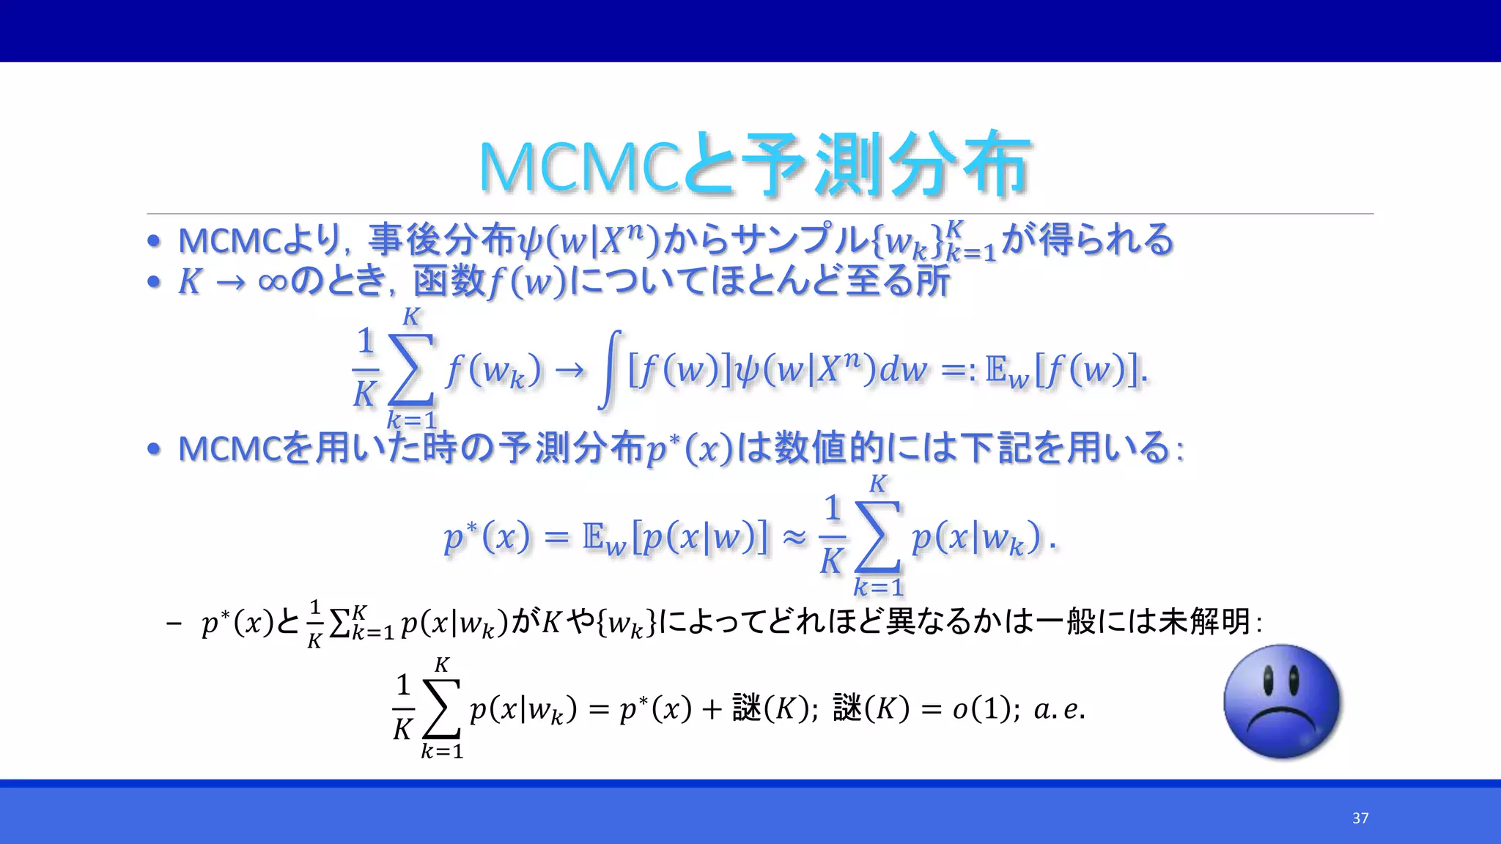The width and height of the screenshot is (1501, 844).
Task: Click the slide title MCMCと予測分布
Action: tap(755, 165)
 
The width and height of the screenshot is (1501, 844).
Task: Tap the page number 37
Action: tap(1360, 818)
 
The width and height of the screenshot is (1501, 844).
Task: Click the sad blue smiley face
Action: tap(1282, 701)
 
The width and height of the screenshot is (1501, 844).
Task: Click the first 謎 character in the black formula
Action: tap(747, 709)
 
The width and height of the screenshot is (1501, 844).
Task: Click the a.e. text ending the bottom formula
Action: tap(1058, 709)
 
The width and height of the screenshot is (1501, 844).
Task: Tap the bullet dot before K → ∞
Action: tap(153, 282)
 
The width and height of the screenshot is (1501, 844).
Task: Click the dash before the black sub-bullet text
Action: tap(174, 623)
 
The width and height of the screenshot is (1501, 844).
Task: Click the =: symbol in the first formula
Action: tap(958, 371)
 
